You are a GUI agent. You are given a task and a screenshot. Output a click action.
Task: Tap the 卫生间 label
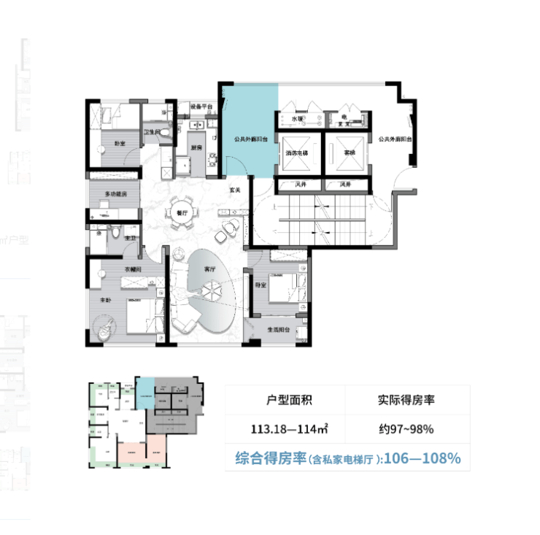151,132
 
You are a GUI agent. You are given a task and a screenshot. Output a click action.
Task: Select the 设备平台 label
201,107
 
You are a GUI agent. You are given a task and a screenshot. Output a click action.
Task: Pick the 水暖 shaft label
297,118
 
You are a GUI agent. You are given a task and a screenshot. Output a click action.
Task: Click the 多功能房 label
115,194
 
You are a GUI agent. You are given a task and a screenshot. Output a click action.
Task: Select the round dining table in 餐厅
181,212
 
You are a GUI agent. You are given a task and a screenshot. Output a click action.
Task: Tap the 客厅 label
211,269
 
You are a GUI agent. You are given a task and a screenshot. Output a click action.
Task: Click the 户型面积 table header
285,400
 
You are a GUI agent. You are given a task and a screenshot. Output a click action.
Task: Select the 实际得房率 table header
406,400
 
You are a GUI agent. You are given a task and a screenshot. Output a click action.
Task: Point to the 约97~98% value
406,428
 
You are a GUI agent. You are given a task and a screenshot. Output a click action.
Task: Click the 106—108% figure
428,458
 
